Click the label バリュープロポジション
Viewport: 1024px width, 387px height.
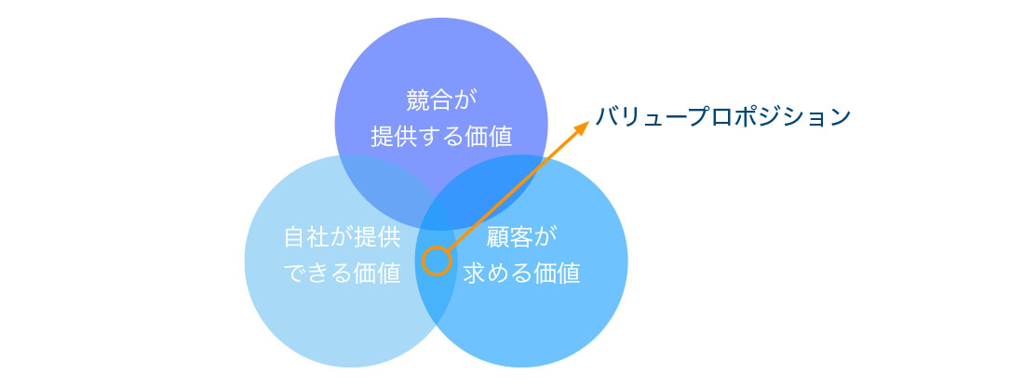click(723, 117)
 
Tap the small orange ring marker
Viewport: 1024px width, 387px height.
click(437, 261)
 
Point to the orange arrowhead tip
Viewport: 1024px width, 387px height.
click(589, 120)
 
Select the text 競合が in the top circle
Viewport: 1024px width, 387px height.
click(441, 101)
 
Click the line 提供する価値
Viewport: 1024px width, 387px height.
click(441, 137)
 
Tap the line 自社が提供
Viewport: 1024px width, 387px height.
click(342, 237)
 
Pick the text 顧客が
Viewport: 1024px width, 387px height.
click(522, 237)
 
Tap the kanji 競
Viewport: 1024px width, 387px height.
click(417, 101)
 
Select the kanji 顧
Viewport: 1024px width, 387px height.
click(498, 237)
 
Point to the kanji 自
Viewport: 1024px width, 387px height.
click(296, 237)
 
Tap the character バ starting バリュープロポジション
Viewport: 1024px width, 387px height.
click(607, 117)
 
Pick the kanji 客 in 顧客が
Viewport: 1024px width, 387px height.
click(522, 237)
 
